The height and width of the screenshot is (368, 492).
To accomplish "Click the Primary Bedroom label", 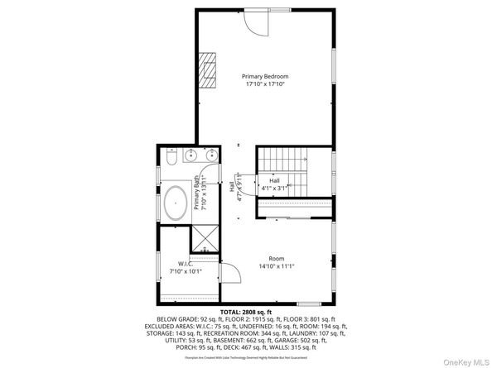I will (265, 75).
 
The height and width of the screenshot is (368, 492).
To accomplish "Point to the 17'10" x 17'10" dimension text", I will (265, 84).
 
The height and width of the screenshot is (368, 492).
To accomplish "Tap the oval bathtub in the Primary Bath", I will (176, 203).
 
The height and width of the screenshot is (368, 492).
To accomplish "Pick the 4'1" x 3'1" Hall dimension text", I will (273, 188).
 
